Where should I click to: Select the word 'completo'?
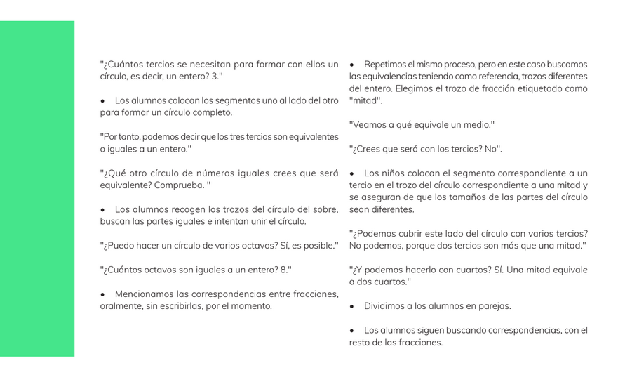point(210,112)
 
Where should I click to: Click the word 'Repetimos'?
point(385,64)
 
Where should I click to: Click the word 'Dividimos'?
point(384,306)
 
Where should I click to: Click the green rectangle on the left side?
point(37,188)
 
